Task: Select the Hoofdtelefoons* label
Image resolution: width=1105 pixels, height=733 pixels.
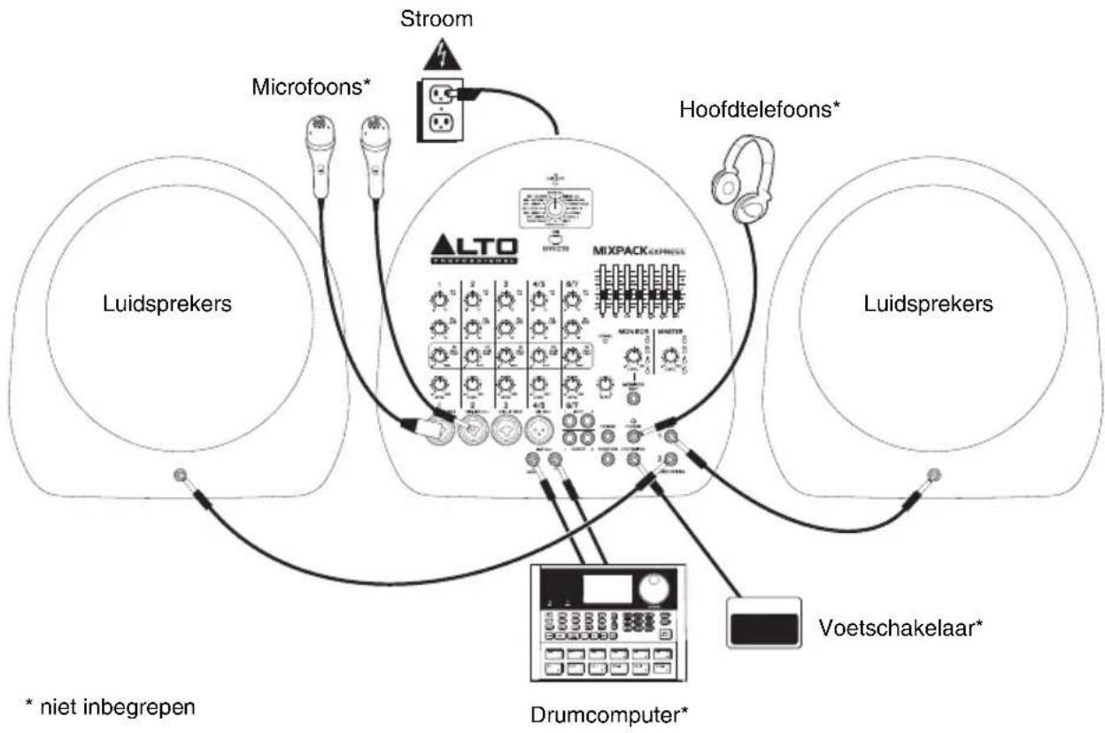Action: (x=760, y=109)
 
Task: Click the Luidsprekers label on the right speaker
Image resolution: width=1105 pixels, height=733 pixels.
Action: (x=928, y=304)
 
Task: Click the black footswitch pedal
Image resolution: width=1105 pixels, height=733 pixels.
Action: (x=764, y=623)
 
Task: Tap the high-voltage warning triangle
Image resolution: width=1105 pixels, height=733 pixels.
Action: (x=441, y=58)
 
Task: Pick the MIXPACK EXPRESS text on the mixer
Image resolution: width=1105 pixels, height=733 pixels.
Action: (x=640, y=251)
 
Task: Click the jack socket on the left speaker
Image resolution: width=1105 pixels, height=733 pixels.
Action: (x=182, y=475)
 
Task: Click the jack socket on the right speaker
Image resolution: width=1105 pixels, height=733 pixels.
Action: (x=931, y=475)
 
